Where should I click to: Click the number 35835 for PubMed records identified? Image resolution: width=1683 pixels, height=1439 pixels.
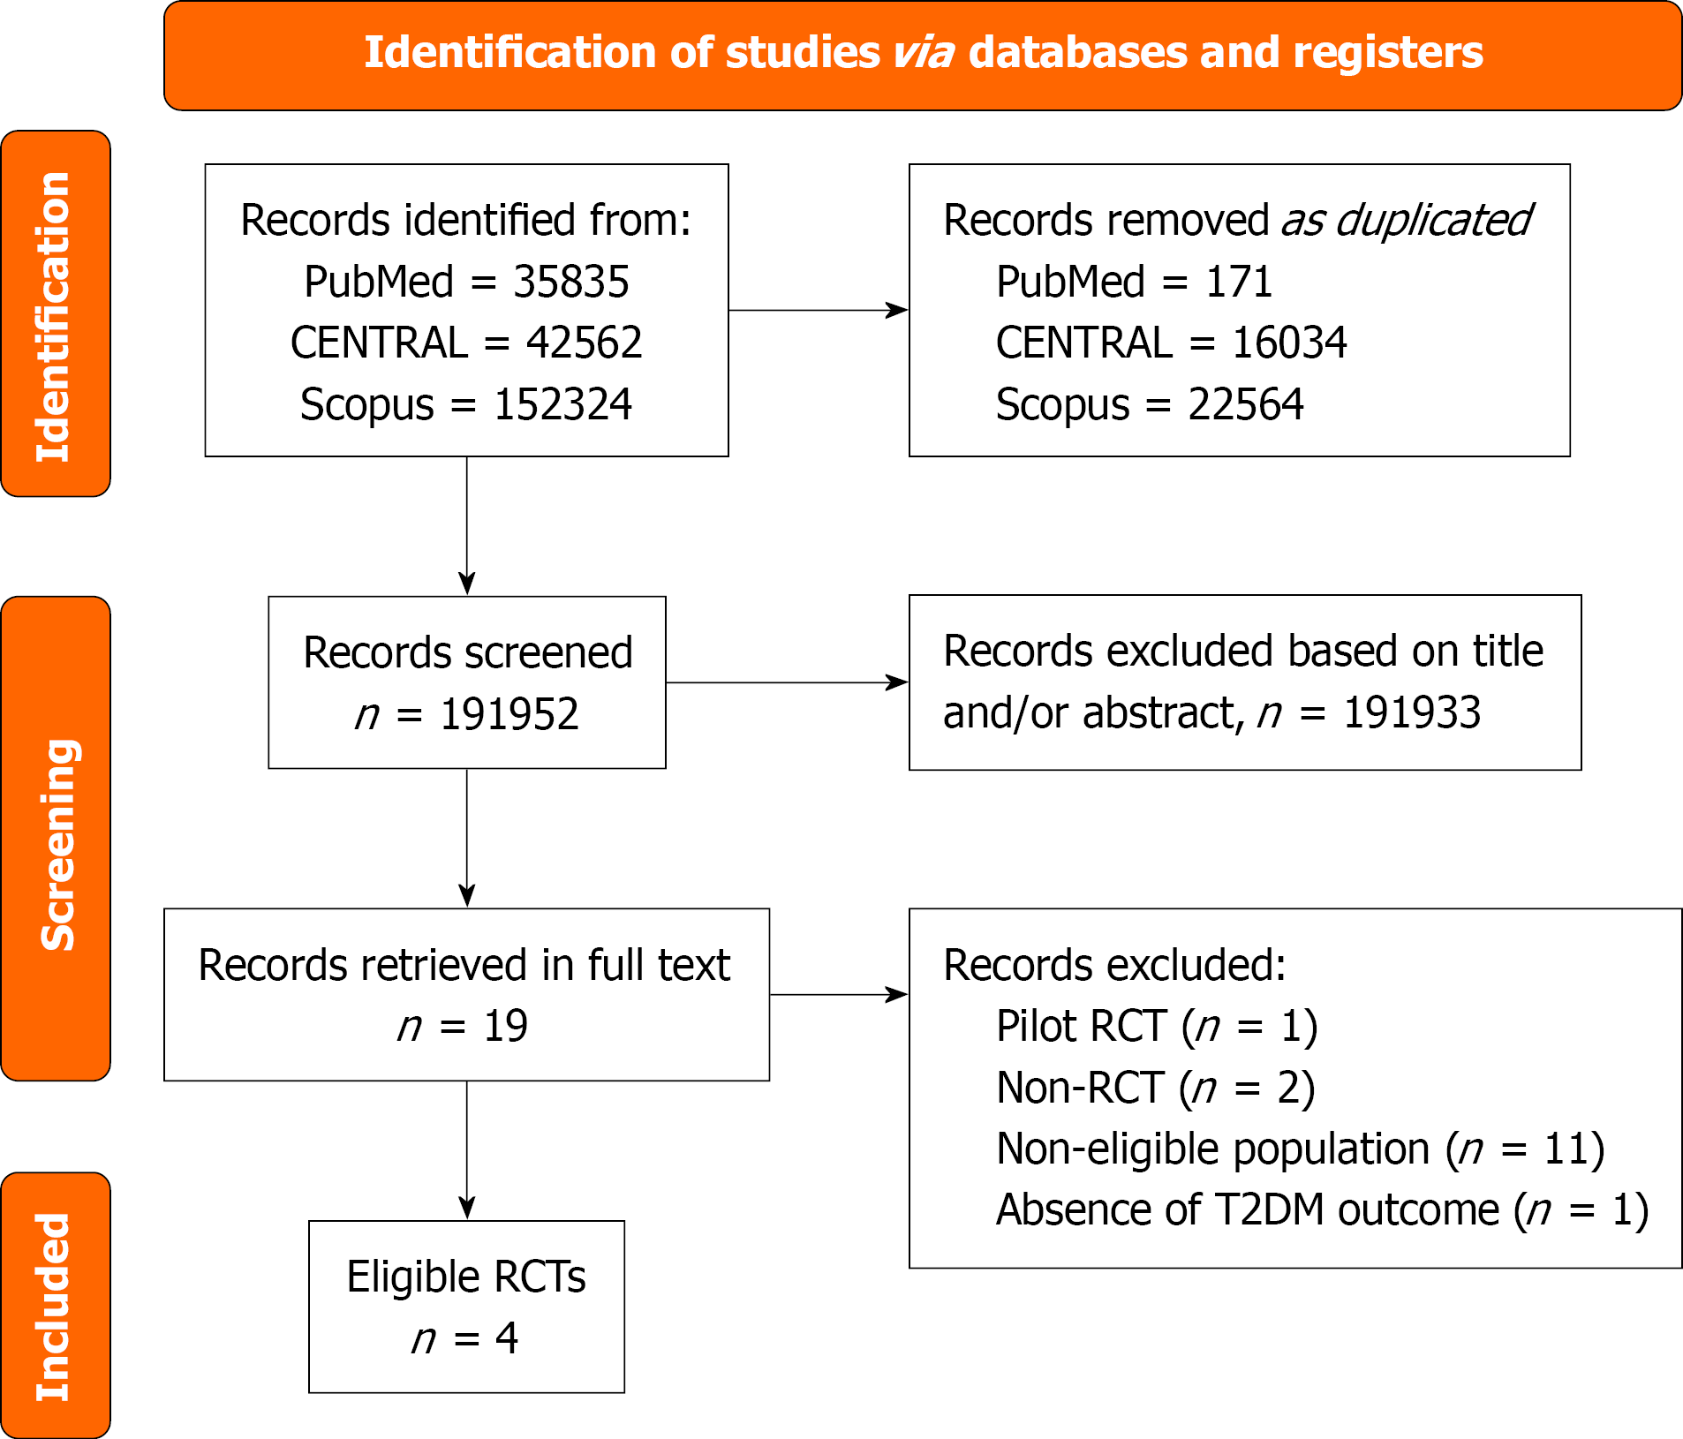tap(570, 283)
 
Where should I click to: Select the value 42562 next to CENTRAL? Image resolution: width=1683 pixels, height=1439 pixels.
tap(584, 343)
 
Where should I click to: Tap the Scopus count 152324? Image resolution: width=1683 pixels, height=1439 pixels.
tap(562, 404)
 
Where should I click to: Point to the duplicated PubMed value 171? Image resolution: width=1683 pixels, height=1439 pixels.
tap(1239, 283)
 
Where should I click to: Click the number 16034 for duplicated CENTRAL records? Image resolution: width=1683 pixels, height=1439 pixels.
tap(1289, 343)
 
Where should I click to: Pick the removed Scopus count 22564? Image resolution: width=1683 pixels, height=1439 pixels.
tap(1245, 404)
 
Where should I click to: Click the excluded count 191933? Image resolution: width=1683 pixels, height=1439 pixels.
tap(1411, 712)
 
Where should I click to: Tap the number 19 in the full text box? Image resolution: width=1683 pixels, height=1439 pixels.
tap(505, 1026)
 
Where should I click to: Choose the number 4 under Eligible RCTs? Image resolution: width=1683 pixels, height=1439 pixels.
tap(506, 1338)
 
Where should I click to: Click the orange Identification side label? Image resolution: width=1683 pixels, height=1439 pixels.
tap(55, 314)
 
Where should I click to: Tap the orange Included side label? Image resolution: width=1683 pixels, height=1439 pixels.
tap(55, 1307)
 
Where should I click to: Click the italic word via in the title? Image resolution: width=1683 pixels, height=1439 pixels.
tap(923, 53)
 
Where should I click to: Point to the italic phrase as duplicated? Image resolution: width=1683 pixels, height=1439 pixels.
tap(1406, 221)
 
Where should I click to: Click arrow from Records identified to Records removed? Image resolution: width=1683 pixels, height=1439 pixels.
tap(818, 310)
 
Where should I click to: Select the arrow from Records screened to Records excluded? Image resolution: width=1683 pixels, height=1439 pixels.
tap(786, 682)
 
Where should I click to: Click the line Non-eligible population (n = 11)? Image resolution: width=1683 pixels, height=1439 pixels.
tap(1300, 1149)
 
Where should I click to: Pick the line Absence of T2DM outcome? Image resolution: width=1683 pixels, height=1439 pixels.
tap(1321, 1210)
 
